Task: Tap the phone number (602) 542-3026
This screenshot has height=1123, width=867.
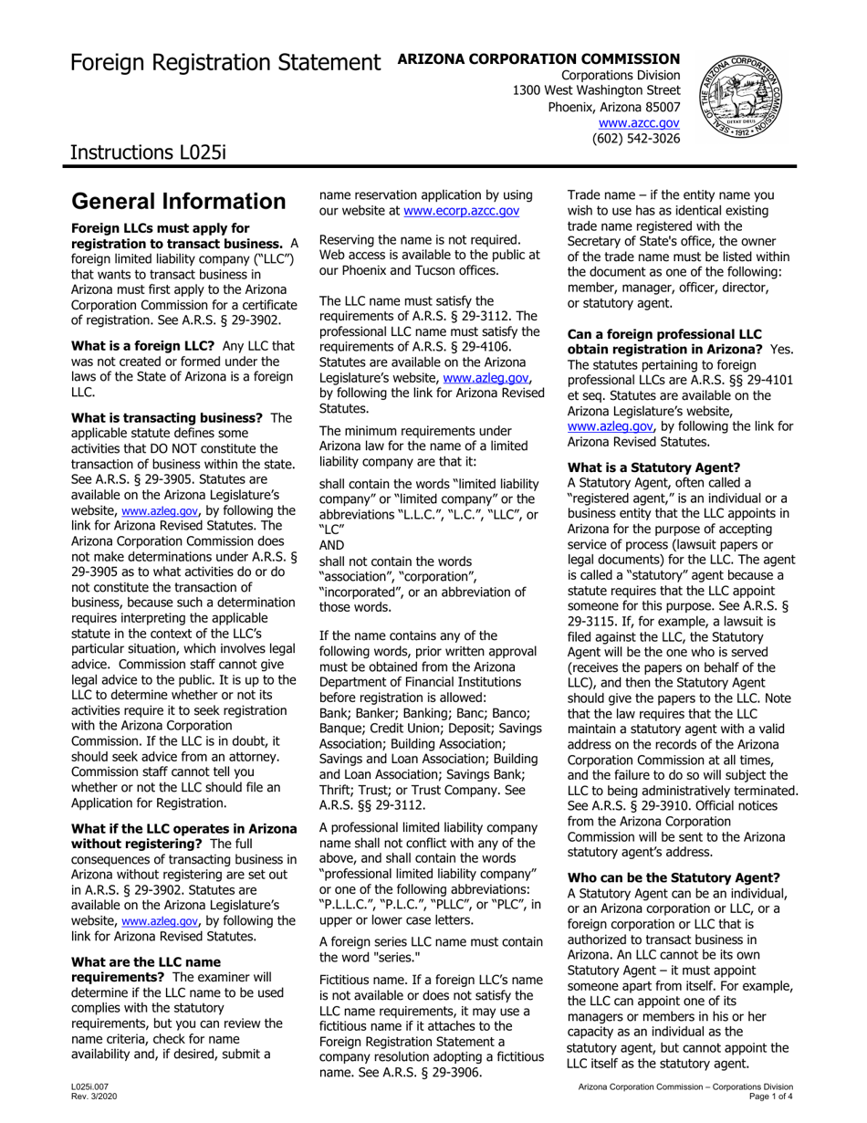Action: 636,139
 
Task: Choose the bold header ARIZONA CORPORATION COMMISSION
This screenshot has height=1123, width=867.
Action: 539,58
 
